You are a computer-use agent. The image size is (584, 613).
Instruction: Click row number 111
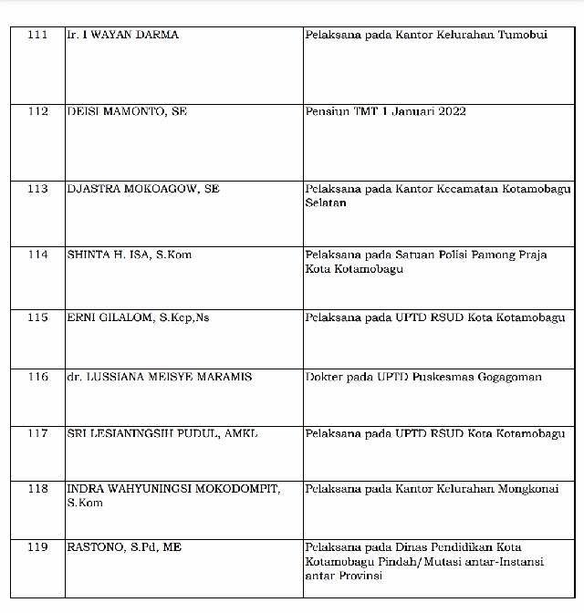pyautogui.click(x=37, y=35)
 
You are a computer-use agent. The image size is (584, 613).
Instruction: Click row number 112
pyautogui.click(x=37, y=111)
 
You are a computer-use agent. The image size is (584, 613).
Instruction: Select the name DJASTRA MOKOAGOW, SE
pyautogui.click(x=143, y=189)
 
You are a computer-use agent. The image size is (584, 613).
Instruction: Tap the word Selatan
pyautogui.click(x=326, y=203)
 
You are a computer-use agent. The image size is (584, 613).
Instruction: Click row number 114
pyautogui.click(x=37, y=255)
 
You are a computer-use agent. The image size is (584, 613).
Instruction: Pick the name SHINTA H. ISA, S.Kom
pyautogui.click(x=130, y=255)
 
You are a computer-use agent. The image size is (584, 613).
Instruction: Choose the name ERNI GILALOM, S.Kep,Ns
pyautogui.click(x=137, y=317)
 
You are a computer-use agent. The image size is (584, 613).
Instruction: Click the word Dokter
pyautogui.click(x=326, y=376)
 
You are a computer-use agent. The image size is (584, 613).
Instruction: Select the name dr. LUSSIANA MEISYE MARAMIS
pyautogui.click(x=159, y=376)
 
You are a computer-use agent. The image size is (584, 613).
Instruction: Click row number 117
pyautogui.click(x=37, y=433)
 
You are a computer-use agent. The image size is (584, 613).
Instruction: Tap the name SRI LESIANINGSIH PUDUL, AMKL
pyautogui.click(x=162, y=433)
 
